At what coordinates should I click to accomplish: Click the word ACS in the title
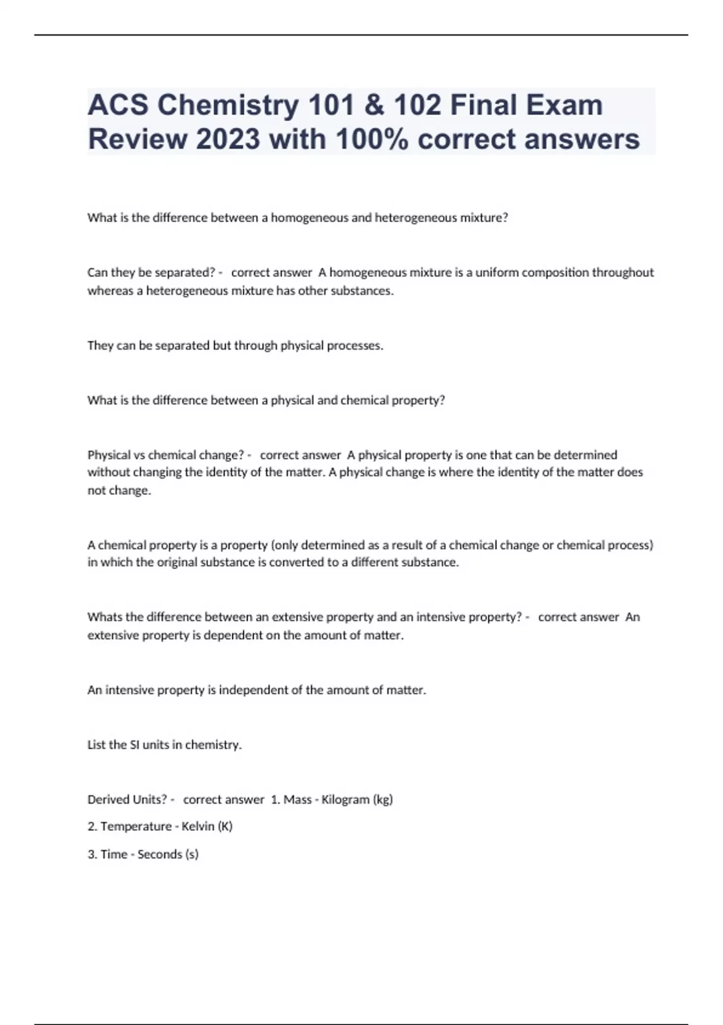117,106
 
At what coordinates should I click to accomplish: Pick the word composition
555,273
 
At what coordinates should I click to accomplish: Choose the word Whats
104,617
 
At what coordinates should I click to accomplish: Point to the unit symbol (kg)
383,799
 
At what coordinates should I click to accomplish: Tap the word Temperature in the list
136,826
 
